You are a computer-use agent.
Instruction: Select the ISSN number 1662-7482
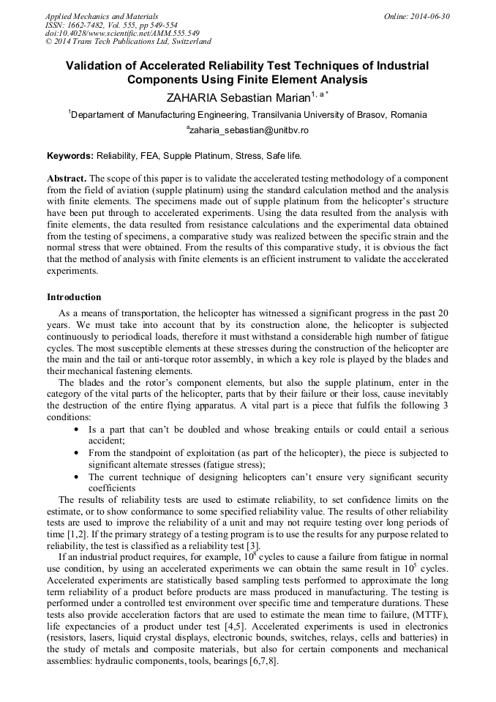pyautogui.click(x=84, y=25)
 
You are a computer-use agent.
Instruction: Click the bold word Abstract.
pyautogui.click(x=67, y=179)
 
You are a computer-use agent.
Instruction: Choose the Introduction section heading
pyautogui.click(x=74, y=297)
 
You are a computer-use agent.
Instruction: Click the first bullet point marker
pyautogui.click(x=78, y=430)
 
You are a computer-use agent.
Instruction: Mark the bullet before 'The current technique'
pyautogui.click(x=78, y=477)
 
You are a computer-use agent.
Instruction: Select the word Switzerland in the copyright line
pyautogui.click(x=186, y=42)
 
